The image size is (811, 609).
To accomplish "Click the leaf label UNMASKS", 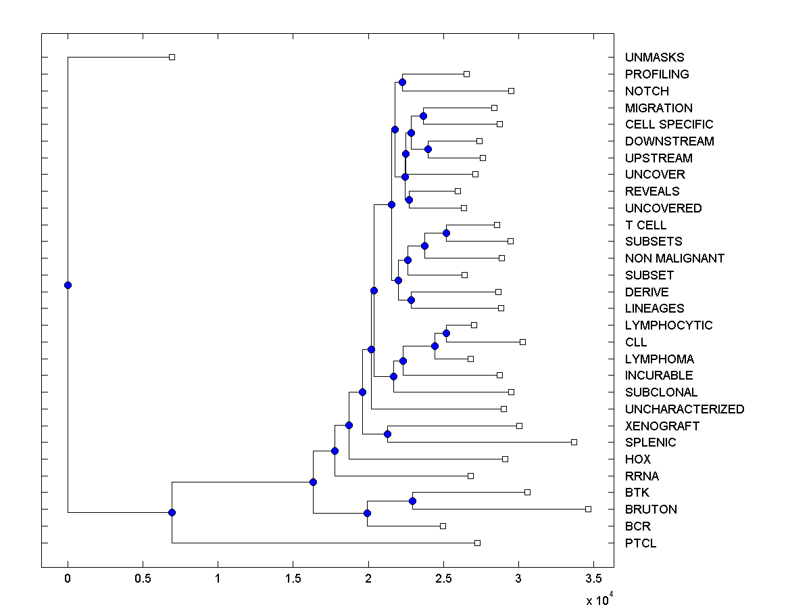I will (x=654, y=58).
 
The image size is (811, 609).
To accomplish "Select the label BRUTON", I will (x=651, y=510).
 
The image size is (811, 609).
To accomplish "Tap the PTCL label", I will (x=641, y=543).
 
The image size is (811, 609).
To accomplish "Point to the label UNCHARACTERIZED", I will (x=685, y=409).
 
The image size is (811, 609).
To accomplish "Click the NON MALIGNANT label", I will (x=674, y=258).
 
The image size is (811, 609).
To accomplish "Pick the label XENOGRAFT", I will (x=662, y=426).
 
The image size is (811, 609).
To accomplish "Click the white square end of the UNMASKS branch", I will (x=172, y=57).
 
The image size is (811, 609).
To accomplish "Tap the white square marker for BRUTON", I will (x=588, y=509).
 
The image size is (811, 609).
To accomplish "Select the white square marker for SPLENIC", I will (x=574, y=442).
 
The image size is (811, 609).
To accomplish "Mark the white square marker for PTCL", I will (x=477, y=543).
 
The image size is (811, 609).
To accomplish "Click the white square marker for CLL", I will (x=522, y=342).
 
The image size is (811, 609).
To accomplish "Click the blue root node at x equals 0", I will (x=68, y=285).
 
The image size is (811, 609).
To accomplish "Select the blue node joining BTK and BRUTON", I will (x=412, y=501).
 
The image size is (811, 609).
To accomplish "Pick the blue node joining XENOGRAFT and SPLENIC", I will (x=387, y=434).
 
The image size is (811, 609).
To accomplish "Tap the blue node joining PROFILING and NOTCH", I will (x=402, y=82).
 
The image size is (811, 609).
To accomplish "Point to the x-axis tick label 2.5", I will (x=443, y=579).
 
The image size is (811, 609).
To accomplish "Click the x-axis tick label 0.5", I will (x=143, y=579).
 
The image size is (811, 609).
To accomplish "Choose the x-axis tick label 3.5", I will (x=593, y=579).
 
